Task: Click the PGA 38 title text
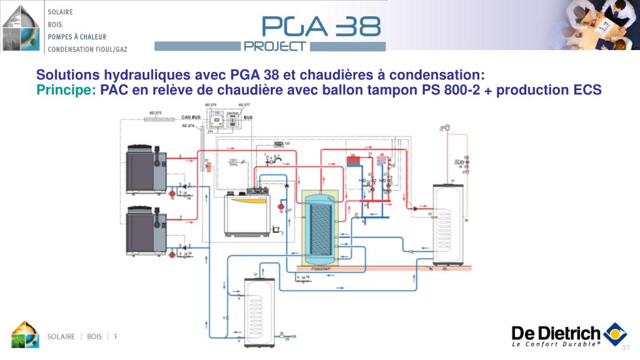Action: tap(321, 26)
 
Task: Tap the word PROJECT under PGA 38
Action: tap(275, 46)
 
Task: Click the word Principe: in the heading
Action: tap(66, 90)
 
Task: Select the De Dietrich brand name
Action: tap(556, 333)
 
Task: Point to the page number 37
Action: tap(625, 348)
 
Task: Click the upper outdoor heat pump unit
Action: tap(146, 168)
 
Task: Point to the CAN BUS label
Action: tap(191, 117)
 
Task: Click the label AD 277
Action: tap(243, 105)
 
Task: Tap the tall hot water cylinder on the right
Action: tap(448, 225)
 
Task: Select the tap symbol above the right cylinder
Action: tap(445, 128)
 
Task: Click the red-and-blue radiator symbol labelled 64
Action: tap(353, 160)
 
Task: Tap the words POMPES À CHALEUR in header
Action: tap(77, 37)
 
